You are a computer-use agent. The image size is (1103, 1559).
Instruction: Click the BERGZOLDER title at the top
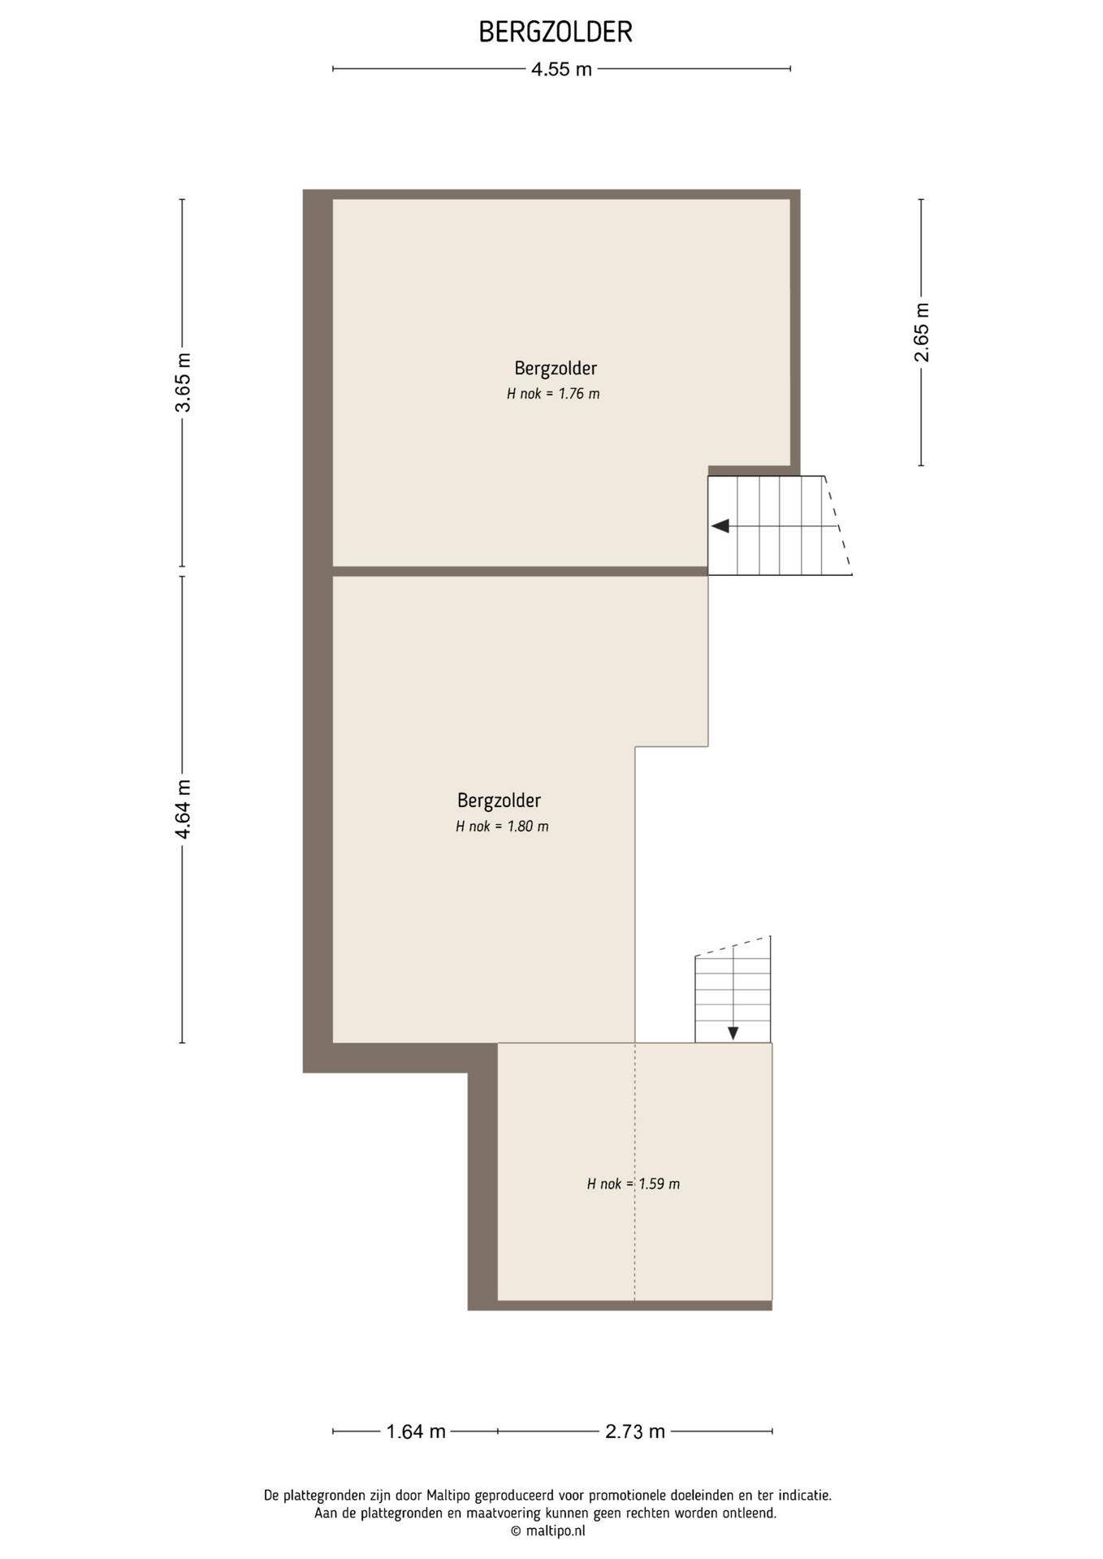coord(556,32)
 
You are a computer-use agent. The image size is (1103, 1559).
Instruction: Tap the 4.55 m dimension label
coord(561,69)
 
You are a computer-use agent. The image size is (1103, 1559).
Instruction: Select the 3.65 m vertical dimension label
coord(183,382)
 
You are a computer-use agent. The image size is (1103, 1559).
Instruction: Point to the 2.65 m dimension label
coord(922,332)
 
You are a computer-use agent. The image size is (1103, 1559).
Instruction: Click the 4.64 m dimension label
coord(183,810)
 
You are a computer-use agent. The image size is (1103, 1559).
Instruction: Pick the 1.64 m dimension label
coord(416,1431)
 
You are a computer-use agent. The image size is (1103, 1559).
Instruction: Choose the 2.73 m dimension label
coord(635,1431)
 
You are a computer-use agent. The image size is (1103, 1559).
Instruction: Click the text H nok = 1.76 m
coord(553,394)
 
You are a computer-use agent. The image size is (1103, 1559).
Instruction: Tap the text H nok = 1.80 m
coord(502,827)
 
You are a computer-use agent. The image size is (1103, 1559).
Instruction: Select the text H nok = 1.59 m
coord(634,1184)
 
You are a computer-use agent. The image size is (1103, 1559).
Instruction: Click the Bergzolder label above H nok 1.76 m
coord(556,369)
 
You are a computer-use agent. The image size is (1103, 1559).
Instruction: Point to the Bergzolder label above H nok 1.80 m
coord(499,801)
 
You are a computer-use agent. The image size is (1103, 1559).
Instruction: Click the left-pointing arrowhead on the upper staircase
coord(720,526)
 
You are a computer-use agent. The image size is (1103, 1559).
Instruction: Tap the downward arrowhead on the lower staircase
coord(733,1034)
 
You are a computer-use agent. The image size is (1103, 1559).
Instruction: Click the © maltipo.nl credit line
coord(547,1531)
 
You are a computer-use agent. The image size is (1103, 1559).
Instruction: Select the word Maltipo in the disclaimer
coord(448,1495)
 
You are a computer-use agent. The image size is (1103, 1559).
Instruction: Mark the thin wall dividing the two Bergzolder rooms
coord(520,571)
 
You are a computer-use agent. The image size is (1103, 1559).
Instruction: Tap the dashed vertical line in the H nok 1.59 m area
coord(635,1172)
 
